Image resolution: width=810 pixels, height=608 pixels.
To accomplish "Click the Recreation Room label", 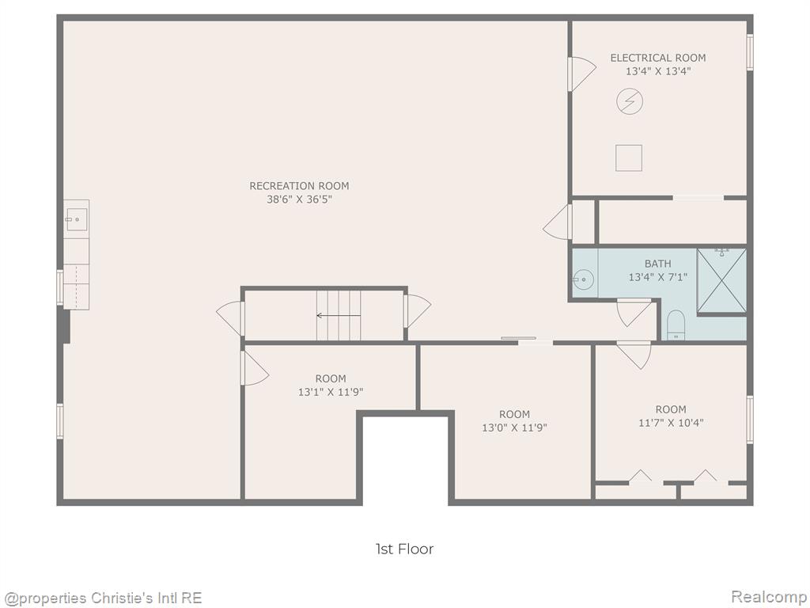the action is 299,185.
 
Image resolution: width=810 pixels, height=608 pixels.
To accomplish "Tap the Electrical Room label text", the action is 657,58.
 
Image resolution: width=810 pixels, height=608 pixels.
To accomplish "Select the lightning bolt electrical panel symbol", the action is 630,101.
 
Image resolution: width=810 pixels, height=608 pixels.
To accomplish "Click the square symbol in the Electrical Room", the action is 629,158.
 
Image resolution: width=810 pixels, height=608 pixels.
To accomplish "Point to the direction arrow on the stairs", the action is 339,315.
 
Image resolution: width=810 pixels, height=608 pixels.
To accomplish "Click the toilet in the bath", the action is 676,325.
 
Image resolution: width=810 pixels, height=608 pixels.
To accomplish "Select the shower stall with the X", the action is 721,281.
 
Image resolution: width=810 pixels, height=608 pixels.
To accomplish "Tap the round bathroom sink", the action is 583,280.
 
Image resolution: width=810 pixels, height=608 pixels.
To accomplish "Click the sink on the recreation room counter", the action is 76,219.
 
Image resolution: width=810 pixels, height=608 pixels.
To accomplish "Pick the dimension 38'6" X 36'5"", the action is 299,199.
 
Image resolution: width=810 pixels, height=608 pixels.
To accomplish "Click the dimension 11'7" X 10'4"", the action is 671,423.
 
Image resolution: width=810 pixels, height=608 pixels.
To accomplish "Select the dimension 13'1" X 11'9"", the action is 331,392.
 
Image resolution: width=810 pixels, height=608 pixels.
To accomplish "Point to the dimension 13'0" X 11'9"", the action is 514,427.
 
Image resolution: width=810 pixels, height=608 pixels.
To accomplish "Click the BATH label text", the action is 657,264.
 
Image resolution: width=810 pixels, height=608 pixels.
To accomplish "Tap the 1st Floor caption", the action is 404,549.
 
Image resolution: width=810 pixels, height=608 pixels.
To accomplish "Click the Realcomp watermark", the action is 769,597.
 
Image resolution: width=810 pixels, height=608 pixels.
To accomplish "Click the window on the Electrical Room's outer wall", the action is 750,52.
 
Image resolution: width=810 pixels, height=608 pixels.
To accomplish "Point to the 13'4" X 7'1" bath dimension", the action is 657,277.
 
